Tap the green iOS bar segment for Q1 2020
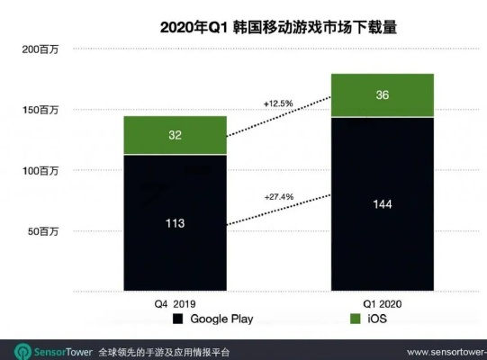tap(382, 95)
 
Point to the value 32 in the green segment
tap(176, 136)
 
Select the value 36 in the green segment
tap(382, 95)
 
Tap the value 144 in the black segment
tap(382, 204)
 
